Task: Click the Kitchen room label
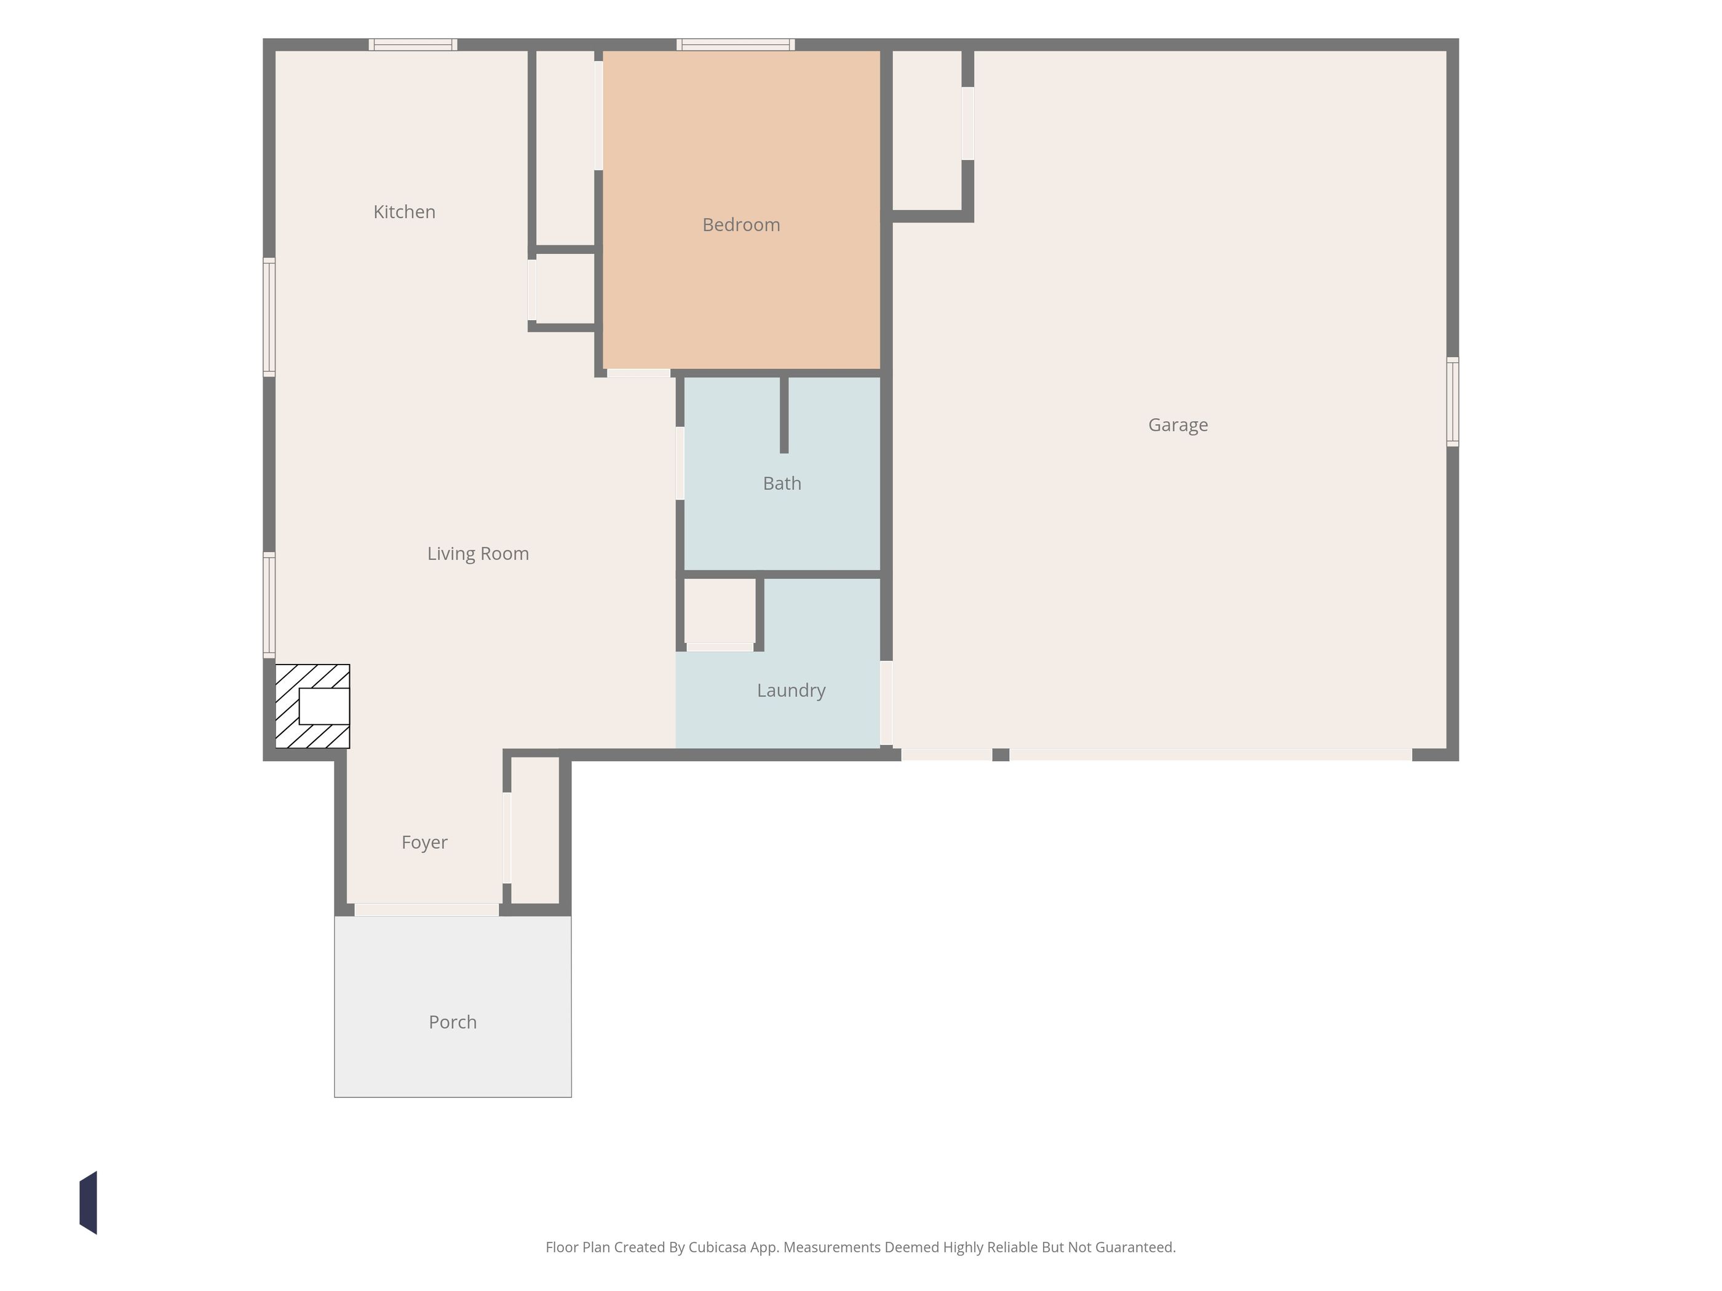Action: [404, 211]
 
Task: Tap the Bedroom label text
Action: [741, 225]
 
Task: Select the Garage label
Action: [1178, 425]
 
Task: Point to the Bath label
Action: [782, 483]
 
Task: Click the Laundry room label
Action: [791, 690]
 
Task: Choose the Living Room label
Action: [478, 553]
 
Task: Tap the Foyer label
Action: [424, 842]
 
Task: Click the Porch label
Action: [452, 1022]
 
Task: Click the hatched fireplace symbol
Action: [312, 706]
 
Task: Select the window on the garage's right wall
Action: [1453, 401]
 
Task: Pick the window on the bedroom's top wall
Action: [736, 44]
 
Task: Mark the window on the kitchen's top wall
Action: [413, 44]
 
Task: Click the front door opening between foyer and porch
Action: [427, 910]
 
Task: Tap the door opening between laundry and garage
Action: [886, 703]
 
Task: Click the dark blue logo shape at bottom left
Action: [88, 1202]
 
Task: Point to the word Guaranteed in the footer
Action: [1135, 1247]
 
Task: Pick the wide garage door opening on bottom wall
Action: [1210, 755]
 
